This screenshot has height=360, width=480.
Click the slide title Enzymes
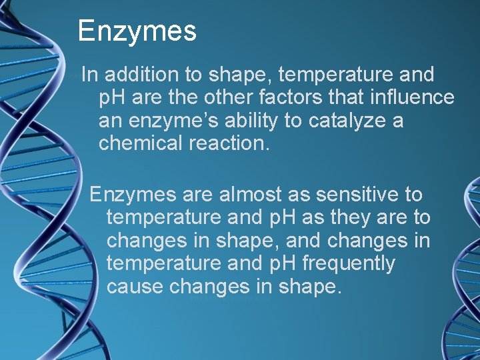click(x=137, y=31)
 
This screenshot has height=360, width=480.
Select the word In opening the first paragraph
click(x=89, y=75)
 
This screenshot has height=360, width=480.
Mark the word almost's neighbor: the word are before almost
click(x=197, y=195)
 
